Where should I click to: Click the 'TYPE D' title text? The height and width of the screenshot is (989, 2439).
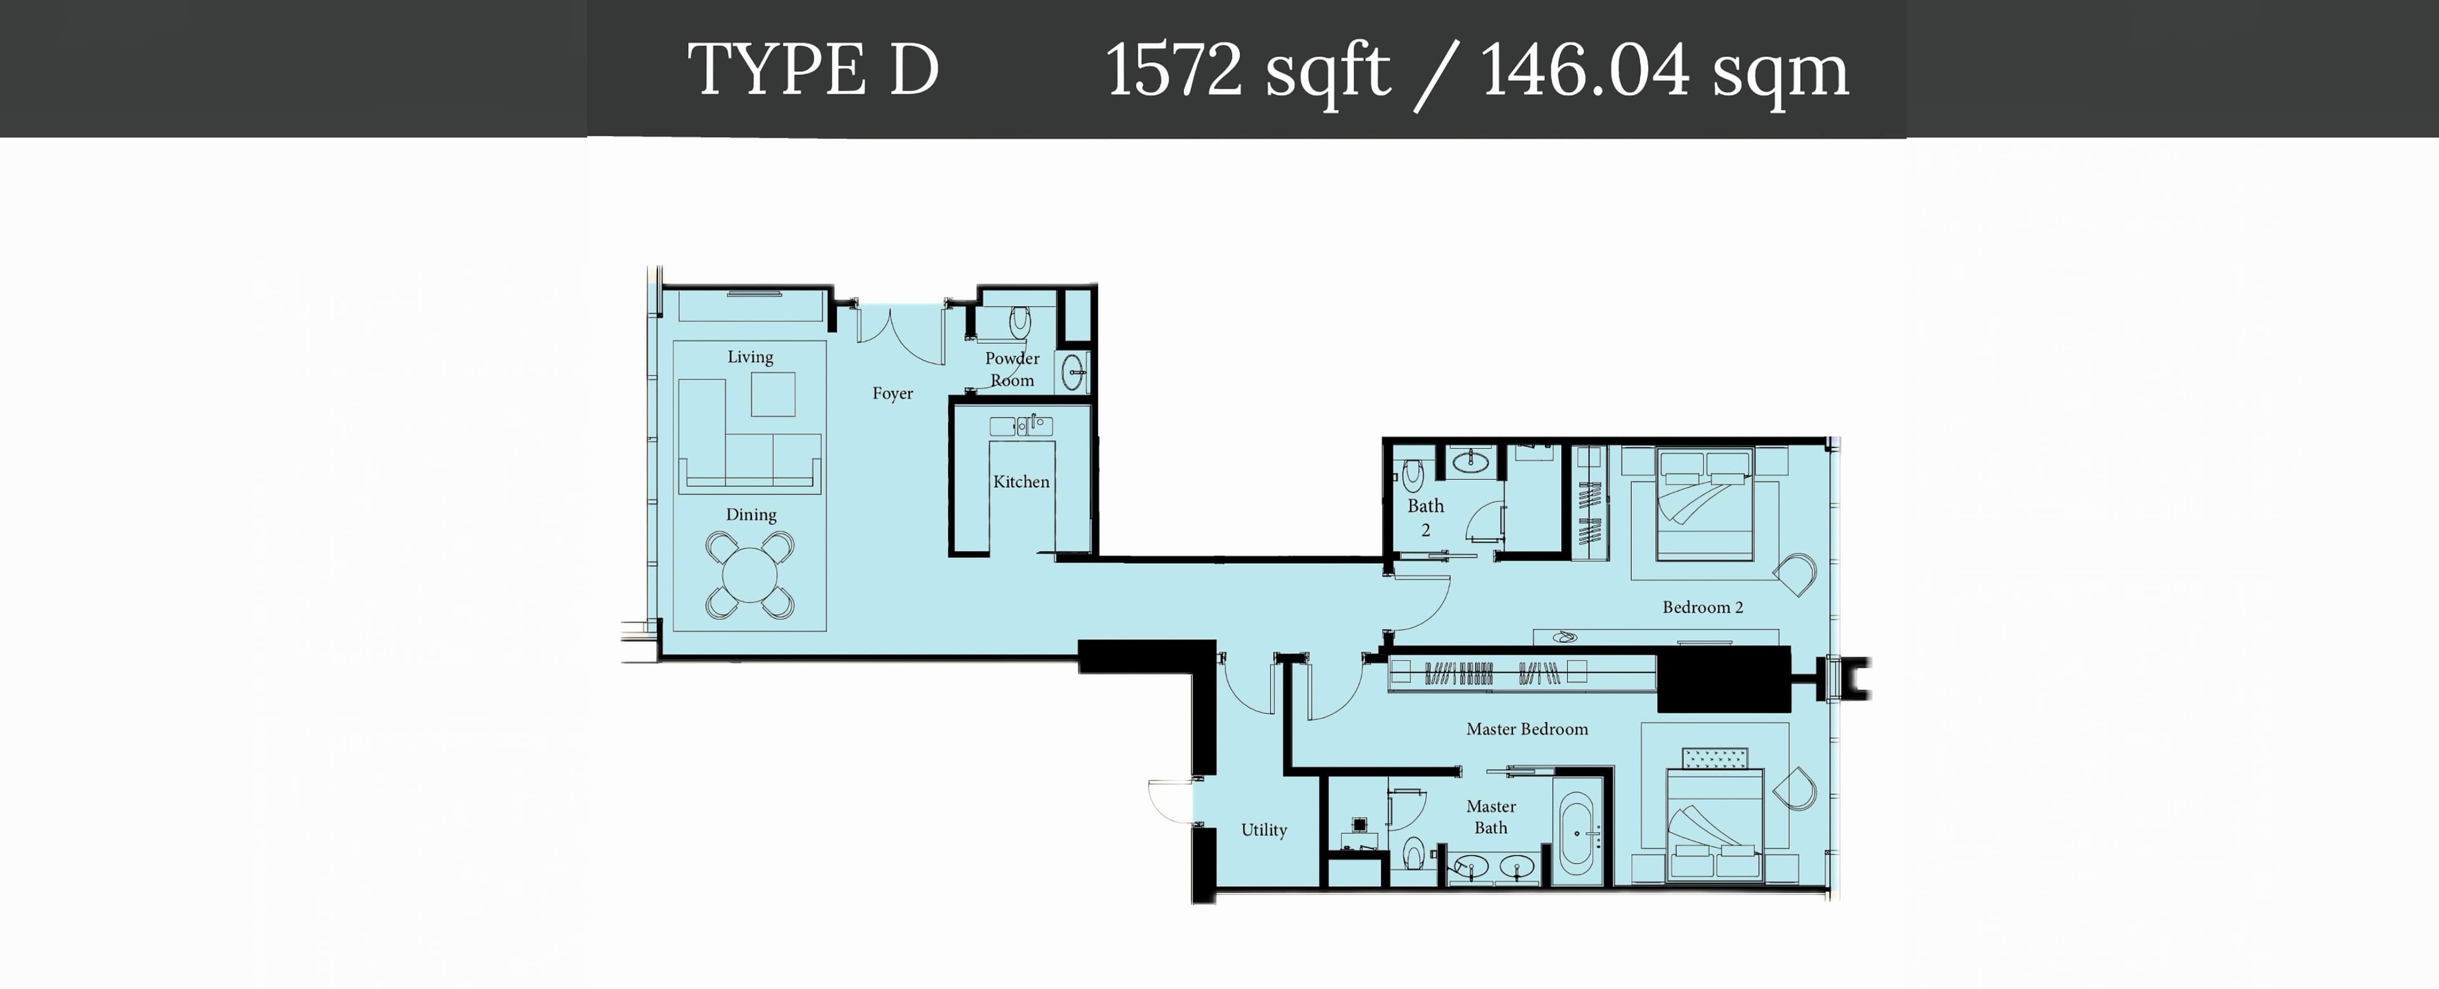tap(812, 69)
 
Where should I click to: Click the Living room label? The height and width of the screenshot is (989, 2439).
tap(750, 357)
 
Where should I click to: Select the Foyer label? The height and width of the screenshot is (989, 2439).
tap(892, 393)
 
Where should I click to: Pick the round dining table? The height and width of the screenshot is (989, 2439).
tap(750, 575)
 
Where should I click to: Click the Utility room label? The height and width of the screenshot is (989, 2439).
tap(1264, 830)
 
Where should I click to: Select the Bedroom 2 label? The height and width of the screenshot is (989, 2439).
tap(1702, 607)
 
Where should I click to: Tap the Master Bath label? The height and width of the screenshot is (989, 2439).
tap(1490, 817)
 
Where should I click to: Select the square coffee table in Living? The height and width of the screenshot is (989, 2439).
tap(772, 394)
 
